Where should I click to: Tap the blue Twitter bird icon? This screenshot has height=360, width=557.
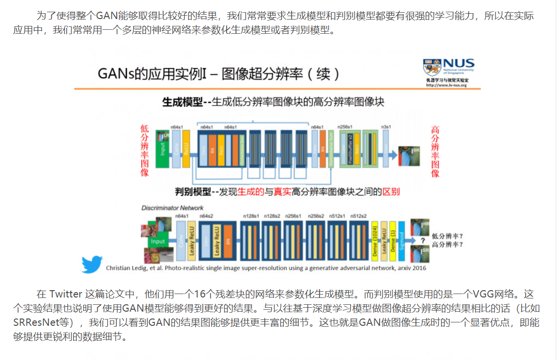[92, 264]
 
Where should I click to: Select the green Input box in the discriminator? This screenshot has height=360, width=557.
[158, 241]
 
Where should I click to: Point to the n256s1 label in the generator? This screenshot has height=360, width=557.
[346, 127]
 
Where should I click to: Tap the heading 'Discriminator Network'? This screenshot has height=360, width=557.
[172, 208]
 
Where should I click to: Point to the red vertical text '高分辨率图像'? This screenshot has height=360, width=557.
[435, 152]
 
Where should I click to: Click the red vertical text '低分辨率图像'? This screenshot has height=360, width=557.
[145, 150]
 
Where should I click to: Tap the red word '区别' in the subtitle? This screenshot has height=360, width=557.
[390, 192]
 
